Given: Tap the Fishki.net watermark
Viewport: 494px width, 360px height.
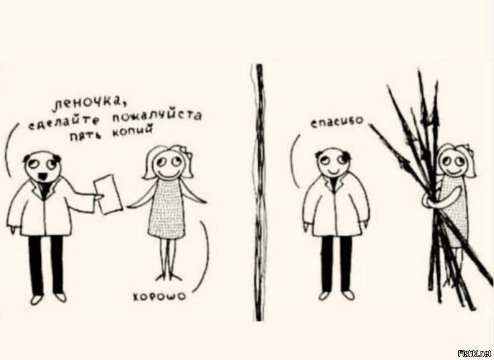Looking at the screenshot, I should (x=474, y=353).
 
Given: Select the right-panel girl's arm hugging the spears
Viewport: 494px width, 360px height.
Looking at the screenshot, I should (x=430, y=201).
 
